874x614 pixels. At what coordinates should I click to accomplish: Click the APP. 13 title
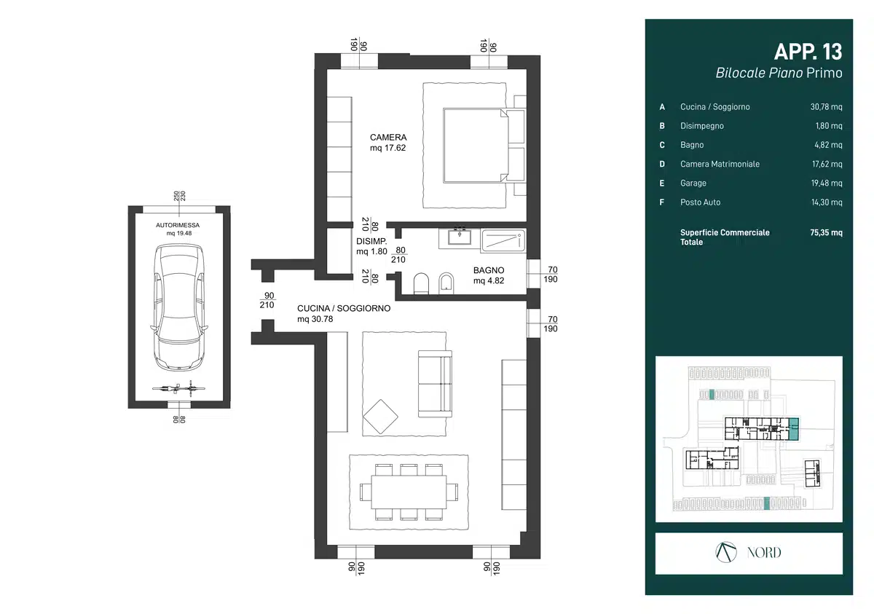(808, 52)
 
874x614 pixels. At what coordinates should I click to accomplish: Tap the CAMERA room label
(388, 138)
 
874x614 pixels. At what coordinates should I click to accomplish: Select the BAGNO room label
(489, 270)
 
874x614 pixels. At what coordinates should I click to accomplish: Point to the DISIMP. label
(371, 242)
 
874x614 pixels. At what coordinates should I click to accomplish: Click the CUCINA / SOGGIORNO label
(344, 309)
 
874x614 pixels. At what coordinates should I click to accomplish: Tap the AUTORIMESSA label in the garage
(178, 226)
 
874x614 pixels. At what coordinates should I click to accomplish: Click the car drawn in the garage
(179, 307)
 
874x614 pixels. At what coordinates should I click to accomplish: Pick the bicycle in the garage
(178, 388)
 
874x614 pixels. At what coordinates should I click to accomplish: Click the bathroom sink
(460, 237)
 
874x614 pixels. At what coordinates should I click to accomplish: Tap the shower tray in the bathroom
(503, 240)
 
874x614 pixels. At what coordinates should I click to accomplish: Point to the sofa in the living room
(435, 384)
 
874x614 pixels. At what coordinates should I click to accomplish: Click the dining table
(409, 492)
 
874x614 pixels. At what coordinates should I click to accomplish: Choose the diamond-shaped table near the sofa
(380, 417)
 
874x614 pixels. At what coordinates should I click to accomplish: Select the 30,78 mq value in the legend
(826, 107)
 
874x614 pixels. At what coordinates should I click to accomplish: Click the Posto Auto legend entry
(701, 202)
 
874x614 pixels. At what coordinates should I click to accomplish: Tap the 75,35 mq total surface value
(826, 233)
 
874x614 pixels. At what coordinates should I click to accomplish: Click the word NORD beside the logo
(764, 553)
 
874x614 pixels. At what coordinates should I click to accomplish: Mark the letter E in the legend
(662, 184)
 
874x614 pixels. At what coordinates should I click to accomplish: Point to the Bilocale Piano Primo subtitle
(779, 74)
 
